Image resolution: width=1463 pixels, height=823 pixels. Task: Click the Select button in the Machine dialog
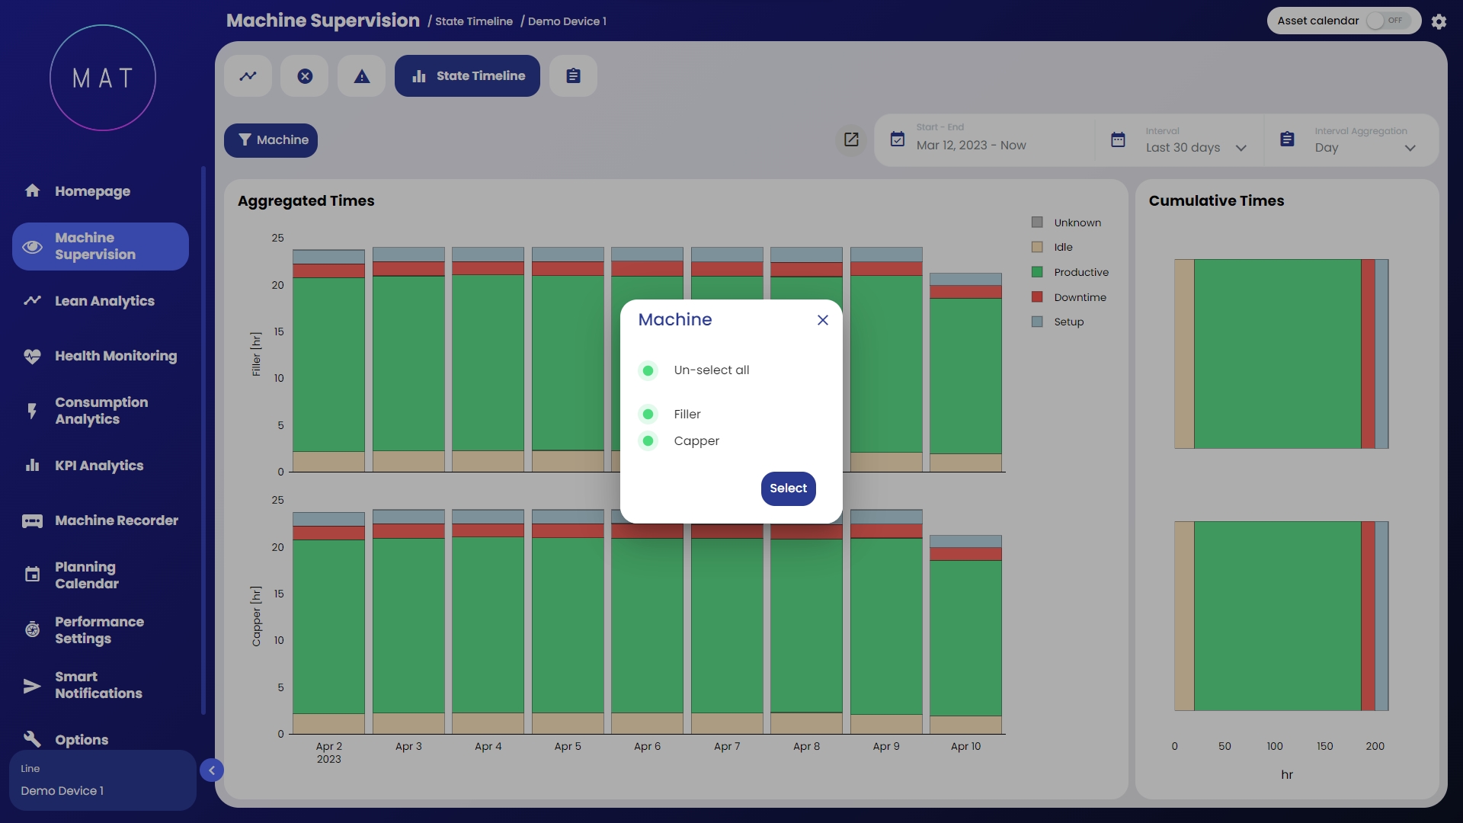pos(788,488)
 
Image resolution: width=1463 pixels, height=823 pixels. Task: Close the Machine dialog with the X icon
pos(823,320)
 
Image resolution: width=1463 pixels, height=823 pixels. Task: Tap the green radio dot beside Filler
pos(648,414)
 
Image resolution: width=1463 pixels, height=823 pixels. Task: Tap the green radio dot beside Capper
pos(648,440)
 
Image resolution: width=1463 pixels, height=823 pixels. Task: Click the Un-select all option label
pos(711,370)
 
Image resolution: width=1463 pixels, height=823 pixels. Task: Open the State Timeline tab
pos(467,76)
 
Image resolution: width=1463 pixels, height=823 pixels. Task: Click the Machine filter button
pos(271,140)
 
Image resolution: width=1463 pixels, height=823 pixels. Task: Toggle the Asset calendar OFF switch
pos(1388,21)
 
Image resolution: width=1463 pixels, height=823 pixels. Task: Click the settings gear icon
pos(1439,21)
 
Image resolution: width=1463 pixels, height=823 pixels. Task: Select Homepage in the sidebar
pos(92,191)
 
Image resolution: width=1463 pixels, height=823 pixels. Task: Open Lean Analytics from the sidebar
pos(104,301)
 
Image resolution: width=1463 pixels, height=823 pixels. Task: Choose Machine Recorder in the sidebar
pos(116,520)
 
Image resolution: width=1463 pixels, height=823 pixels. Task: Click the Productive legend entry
pos(1080,272)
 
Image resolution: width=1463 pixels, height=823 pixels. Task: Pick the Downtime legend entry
pos(1080,297)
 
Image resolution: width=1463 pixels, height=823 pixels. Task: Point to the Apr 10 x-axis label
pos(965,746)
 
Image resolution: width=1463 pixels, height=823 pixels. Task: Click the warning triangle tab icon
pos(362,76)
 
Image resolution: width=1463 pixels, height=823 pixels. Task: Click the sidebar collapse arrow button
pos(212,770)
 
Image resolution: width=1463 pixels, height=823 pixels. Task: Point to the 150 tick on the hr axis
pos(1325,746)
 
